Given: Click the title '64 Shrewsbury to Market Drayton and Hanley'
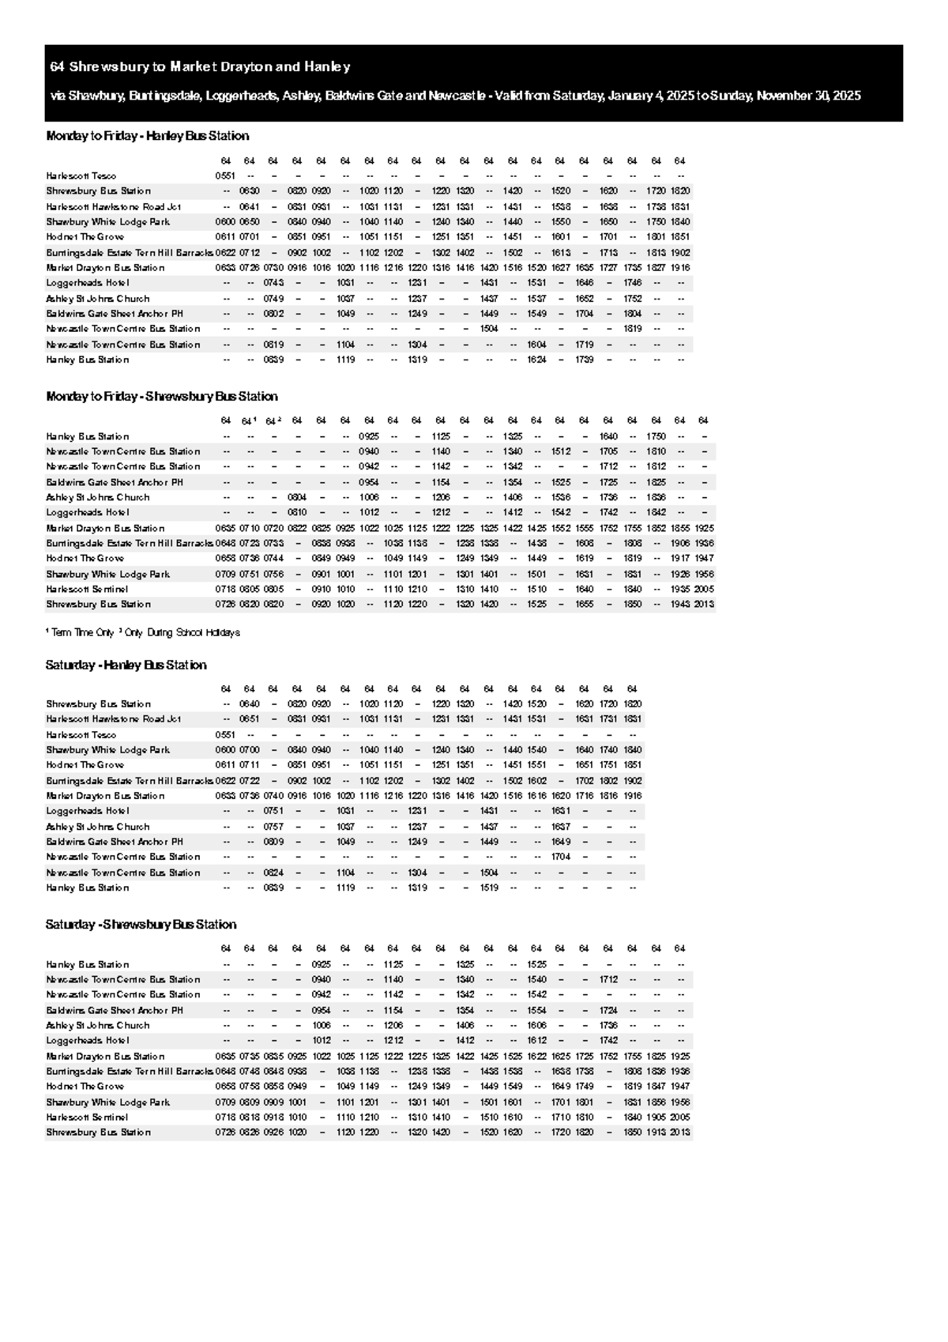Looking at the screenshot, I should coord(200,67).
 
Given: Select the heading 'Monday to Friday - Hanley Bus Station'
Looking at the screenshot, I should coord(148,136).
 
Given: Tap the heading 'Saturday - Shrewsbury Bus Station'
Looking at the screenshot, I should coord(141,925).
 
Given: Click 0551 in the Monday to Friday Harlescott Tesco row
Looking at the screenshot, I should coord(225,176).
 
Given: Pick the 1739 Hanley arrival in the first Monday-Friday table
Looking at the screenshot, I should coord(585,360).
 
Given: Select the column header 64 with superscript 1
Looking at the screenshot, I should coord(249,421).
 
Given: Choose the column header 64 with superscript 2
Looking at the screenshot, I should coord(273,421).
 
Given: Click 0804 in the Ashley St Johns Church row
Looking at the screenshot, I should coord(297,498).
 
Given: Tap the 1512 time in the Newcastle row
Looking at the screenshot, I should coord(561,452).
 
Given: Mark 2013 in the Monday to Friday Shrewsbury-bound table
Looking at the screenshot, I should coord(704,605).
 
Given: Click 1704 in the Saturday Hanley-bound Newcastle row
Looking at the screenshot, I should coord(561,857).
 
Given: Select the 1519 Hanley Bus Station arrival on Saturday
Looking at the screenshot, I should coord(489,888).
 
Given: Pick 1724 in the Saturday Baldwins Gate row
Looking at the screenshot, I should coord(608,1011).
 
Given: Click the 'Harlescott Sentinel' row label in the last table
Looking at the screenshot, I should coord(87,1118).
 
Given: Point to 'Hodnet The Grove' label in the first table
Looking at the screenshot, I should coord(85,237).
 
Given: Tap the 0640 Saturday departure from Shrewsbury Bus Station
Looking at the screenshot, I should coord(250,704).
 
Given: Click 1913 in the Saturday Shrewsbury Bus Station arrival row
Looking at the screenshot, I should coord(656,1133).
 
